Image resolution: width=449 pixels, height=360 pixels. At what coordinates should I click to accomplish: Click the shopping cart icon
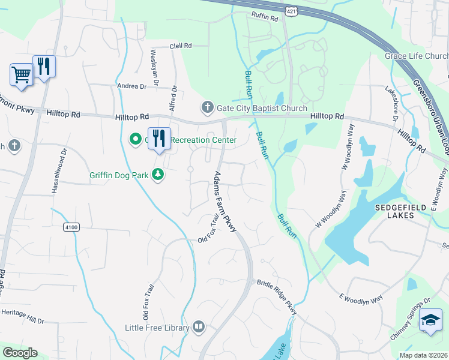coord(21,75)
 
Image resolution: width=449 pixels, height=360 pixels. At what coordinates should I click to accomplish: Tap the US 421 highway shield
coord(291,12)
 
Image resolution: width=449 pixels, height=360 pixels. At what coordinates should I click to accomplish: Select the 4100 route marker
coord(71,227)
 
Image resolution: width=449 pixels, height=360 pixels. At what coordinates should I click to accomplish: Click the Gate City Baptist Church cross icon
coord(207,108)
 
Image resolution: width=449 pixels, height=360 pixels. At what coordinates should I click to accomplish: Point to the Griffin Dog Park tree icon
coord(158,175)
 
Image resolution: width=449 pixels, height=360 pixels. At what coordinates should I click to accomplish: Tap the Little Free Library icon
coord(199,327)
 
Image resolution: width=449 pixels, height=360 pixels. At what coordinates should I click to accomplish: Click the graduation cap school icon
coord(430,320)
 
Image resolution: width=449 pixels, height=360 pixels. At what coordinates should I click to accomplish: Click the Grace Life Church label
coord(417,56)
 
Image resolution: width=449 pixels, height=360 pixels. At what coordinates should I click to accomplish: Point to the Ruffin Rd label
coord(265,18)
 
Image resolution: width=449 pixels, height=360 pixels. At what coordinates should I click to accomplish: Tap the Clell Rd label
coord(180,46)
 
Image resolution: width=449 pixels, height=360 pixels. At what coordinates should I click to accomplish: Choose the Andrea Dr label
coord(131,86)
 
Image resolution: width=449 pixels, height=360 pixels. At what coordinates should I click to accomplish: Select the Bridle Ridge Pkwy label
coord(277,297)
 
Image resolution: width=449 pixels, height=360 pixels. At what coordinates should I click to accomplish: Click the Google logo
coord(20,353)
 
